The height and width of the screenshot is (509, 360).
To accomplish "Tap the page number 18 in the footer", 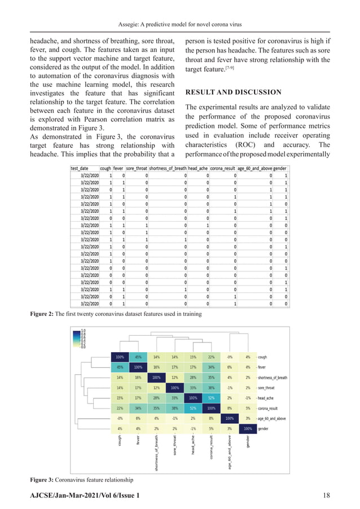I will [x=326, y=494].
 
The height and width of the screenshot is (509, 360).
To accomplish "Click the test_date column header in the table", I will [x=83, y=168].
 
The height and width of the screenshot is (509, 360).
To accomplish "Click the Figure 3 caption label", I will [x=43, y=479].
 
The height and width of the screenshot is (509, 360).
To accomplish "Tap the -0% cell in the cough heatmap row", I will [x=229, y=357].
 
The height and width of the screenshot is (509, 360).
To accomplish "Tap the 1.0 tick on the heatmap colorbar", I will [x=84, y=331].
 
